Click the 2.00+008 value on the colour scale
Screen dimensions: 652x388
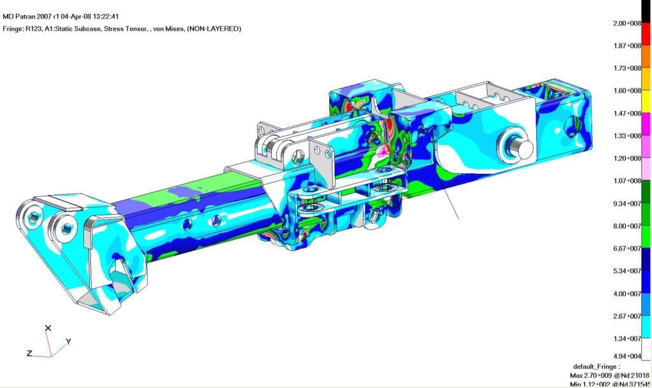coord(627,24)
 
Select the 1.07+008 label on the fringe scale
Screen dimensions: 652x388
coord(627,181)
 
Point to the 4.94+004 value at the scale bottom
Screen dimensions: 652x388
coord(627,356)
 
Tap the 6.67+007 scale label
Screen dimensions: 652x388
coord(627,248)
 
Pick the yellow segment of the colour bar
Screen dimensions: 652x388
coord(646,101)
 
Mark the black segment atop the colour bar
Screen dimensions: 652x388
coord(646,11)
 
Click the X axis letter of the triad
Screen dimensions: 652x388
coord(48,328)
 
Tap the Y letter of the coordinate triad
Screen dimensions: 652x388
coord(68,341)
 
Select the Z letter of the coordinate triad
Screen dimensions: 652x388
coord(29,354)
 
